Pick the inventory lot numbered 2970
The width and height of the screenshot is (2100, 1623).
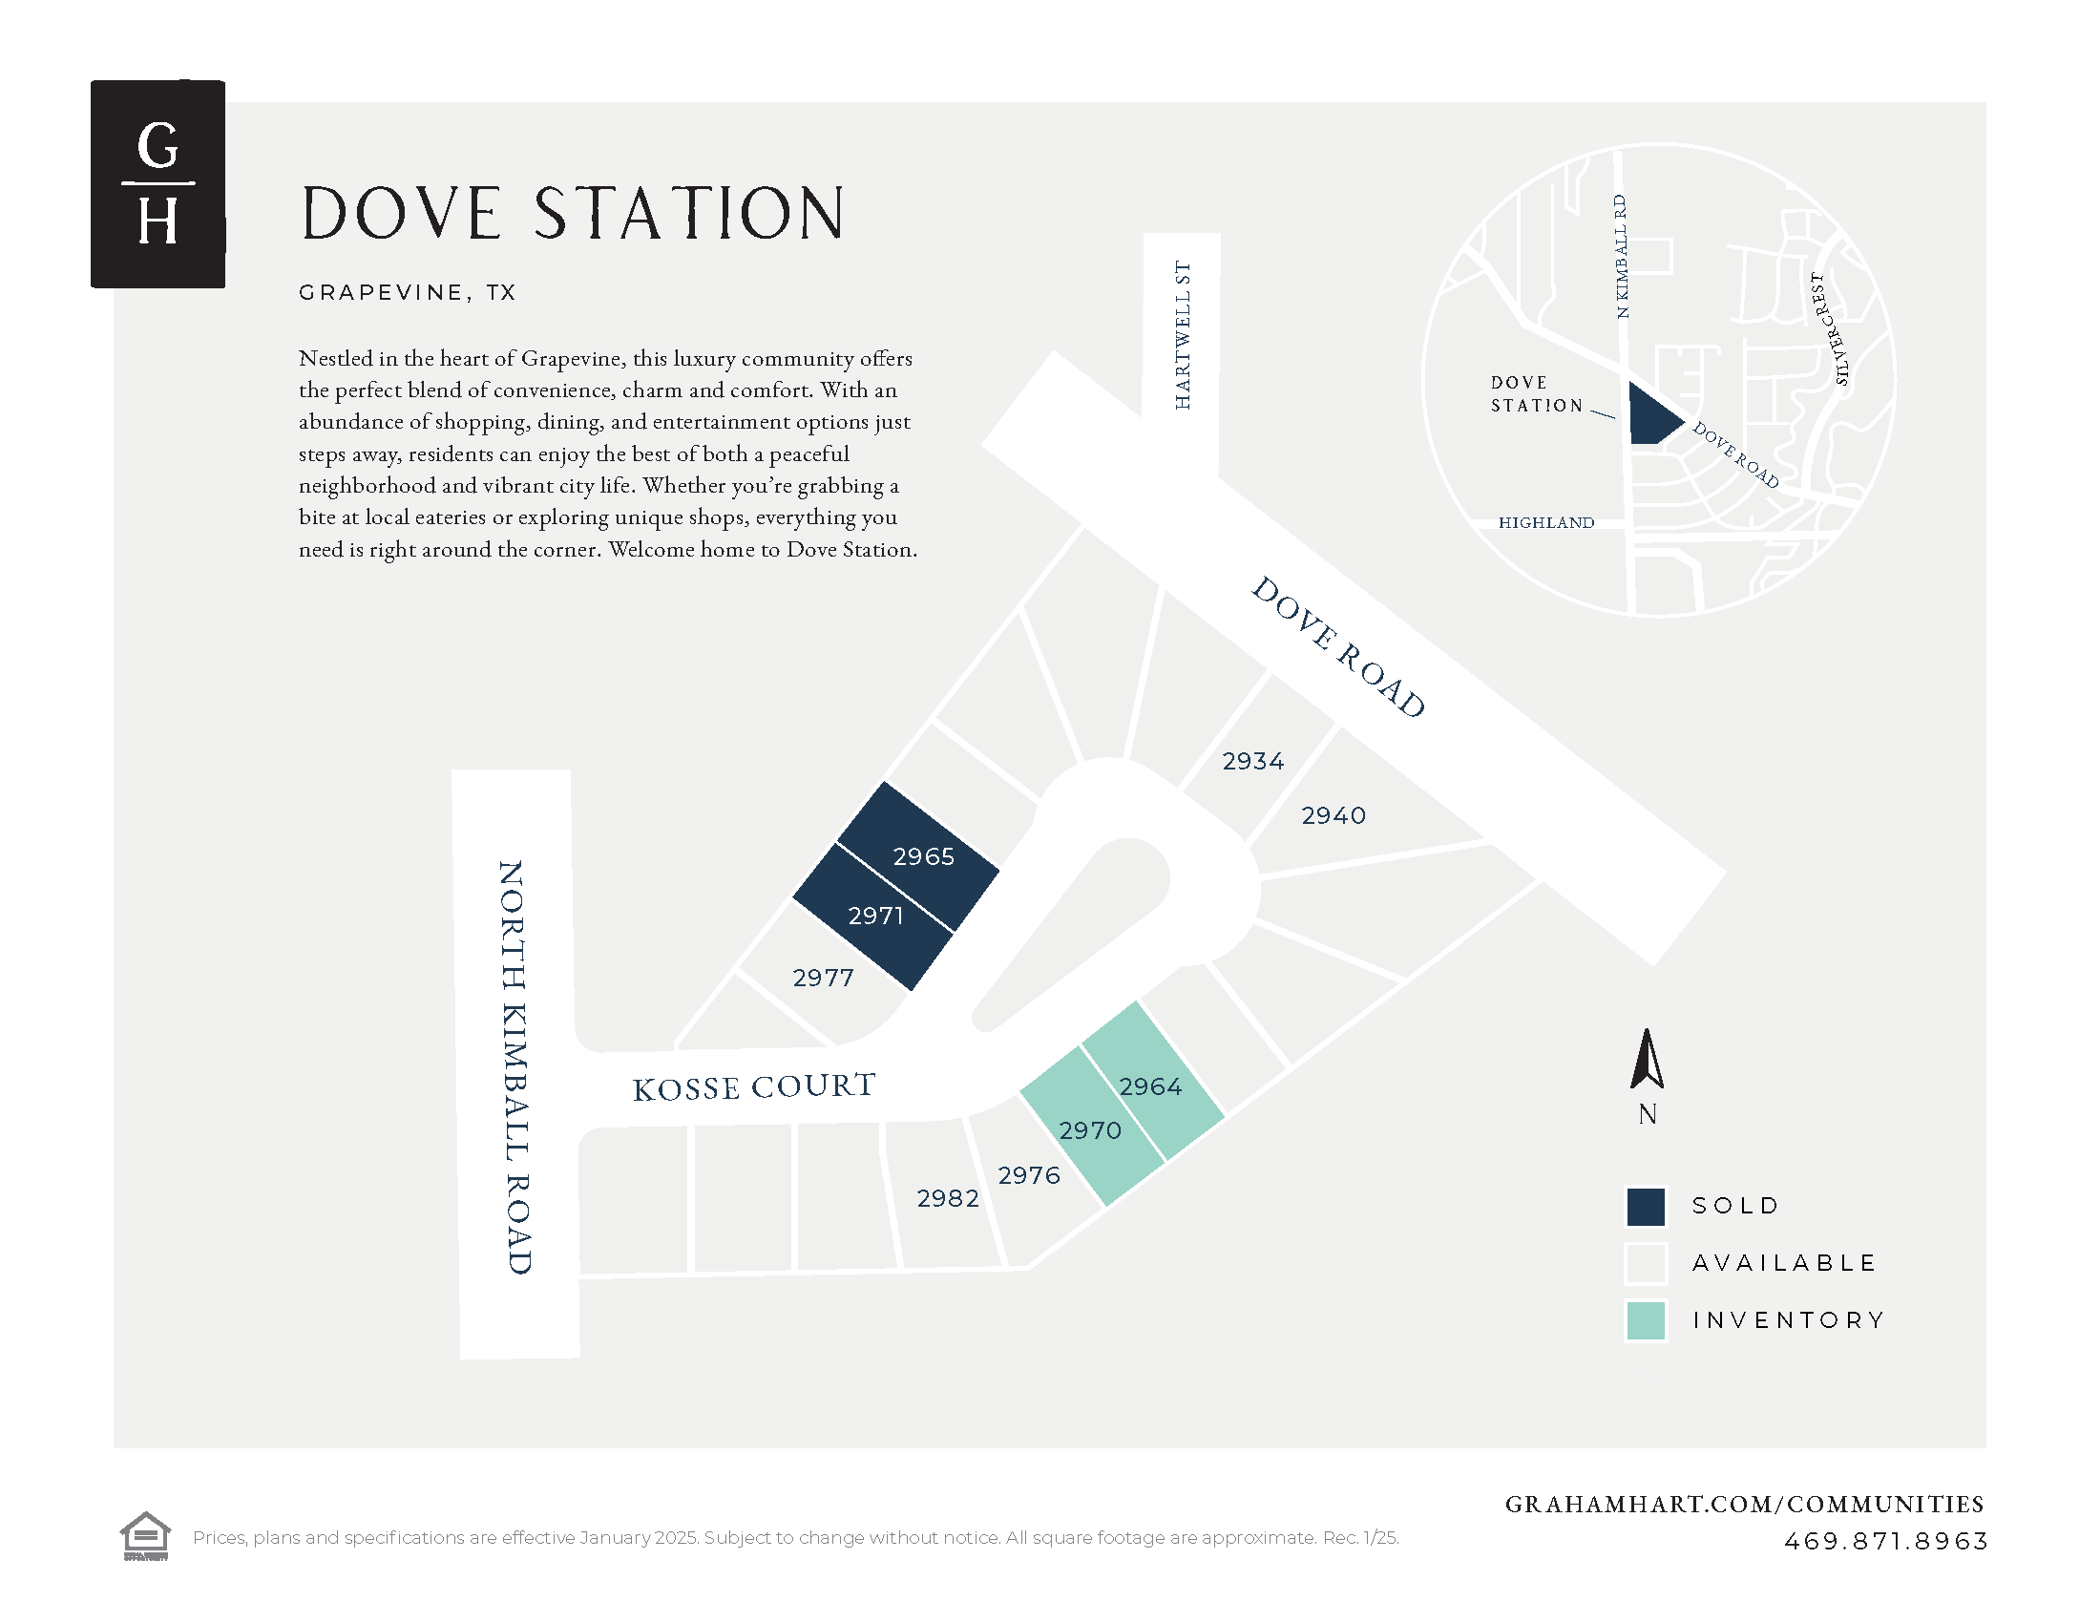1091,1130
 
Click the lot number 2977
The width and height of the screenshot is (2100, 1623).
823,978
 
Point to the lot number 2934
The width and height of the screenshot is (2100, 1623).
1253,762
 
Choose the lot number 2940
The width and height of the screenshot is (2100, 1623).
1333,815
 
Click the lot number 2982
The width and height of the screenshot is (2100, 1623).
948,1198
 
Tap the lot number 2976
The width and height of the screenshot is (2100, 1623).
1029,1175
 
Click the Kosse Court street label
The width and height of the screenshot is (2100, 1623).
754,1087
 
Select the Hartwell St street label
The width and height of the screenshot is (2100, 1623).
1183,334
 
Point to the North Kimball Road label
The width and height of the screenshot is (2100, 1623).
514,1067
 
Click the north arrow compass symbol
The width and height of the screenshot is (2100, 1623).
1648,1060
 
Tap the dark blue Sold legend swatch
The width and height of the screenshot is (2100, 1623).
1646,1207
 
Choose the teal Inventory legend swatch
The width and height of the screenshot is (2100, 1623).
1646,1320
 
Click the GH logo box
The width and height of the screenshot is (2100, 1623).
157,183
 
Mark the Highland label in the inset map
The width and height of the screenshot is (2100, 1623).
1546,522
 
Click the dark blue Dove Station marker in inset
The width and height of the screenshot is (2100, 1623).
1652,416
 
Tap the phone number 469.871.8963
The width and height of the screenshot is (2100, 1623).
1885,1541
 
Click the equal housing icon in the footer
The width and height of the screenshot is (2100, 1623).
145,1535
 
